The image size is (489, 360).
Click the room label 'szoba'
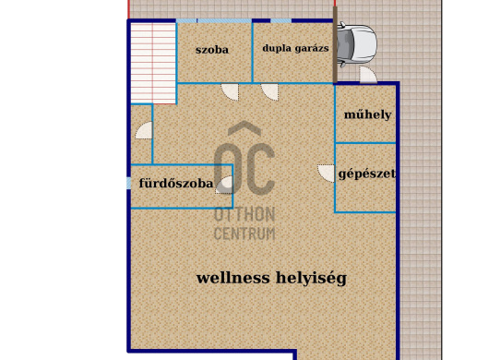pyautogui.click(x=212, y=50)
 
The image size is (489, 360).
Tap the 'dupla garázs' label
pyautogui.click(x=295, y=50)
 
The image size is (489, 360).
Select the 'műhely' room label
pyautogui.click(x=367, y=115)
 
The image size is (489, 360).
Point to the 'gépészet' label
pyautogui.click(x=367, y=174)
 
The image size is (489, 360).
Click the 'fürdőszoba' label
pyautogui.click(x=175, y=184)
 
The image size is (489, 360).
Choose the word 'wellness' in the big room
pyautogui.click(x=233, y=277)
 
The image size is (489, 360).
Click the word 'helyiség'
pyautogui.click(x=311, y=277)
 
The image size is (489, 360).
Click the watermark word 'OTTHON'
pyautogui.click(x=244, y=214)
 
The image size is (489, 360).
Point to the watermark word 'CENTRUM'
pyautogui.click(x=244, y=234)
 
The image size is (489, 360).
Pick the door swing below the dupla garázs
pyautogui.click(x=270, y=90)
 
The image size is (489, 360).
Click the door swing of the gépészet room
pyautogui.click(x=326, y=173)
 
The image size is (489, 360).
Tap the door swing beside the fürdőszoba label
pyautogui.click(x=223, y=186)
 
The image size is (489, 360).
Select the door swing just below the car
pyautogui.click(x=367, y=76)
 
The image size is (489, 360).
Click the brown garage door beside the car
pyautogui.click(x=336, y=46)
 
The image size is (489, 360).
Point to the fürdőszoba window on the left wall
pyautogui.click(x=129, y=183)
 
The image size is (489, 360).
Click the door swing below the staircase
pyautogui.click(x=143, y=131)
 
